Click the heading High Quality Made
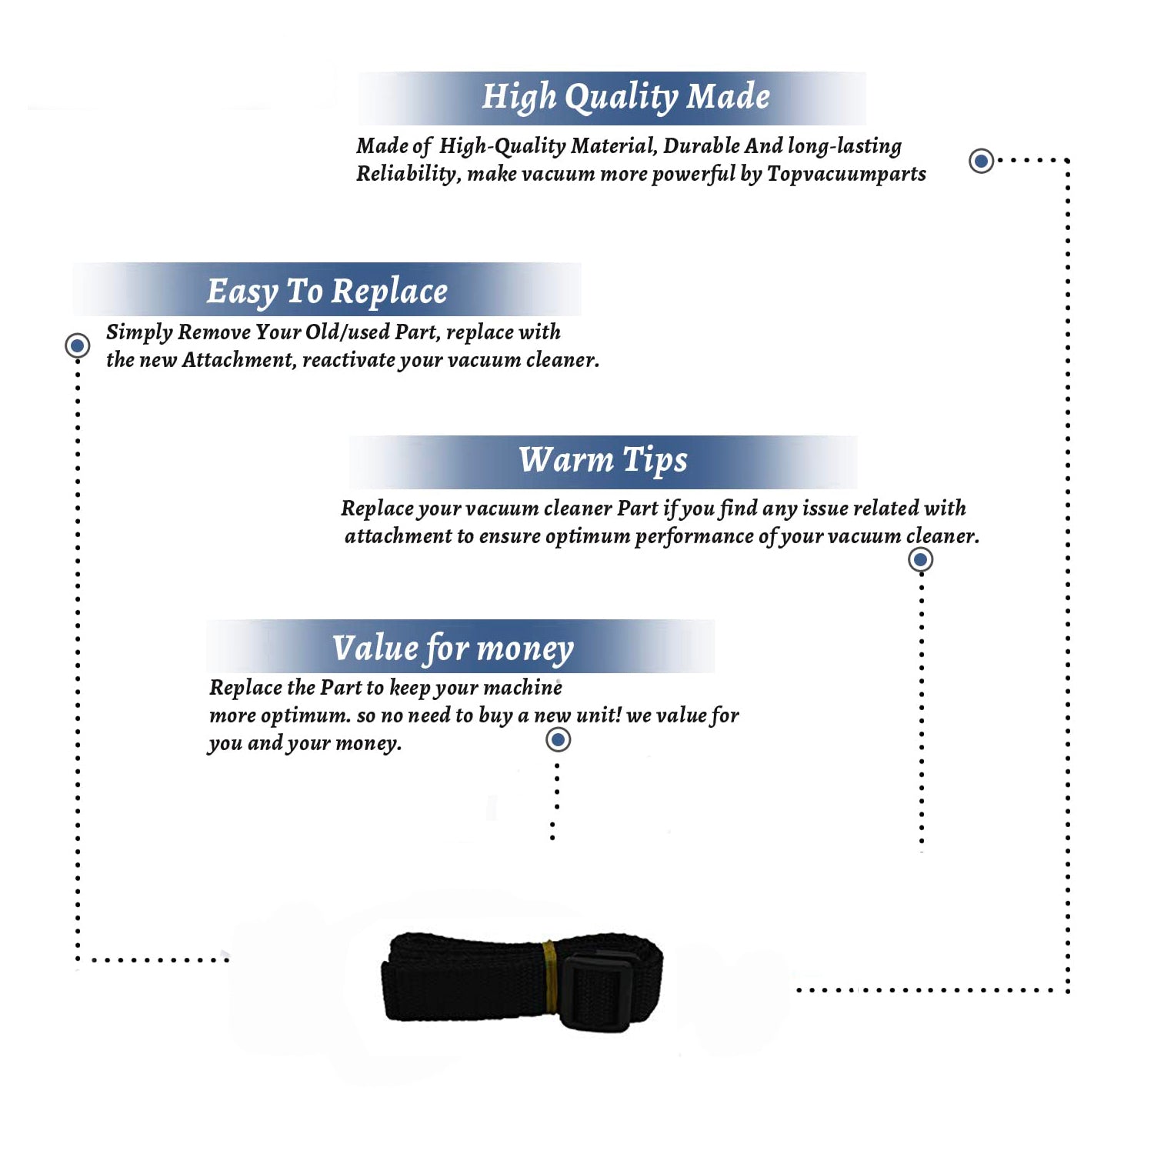[x=625, y=98]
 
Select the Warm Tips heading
[x=602, y=461]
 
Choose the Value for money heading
[x=453, y=649]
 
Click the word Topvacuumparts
[x=846, y=175]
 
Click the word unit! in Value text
[x=599, y=715]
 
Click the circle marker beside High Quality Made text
[x=981, y=161]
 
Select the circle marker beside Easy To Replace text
[x=77, y=345]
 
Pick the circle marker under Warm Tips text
[x=920, y=559]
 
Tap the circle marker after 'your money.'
[x=558, y=740]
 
